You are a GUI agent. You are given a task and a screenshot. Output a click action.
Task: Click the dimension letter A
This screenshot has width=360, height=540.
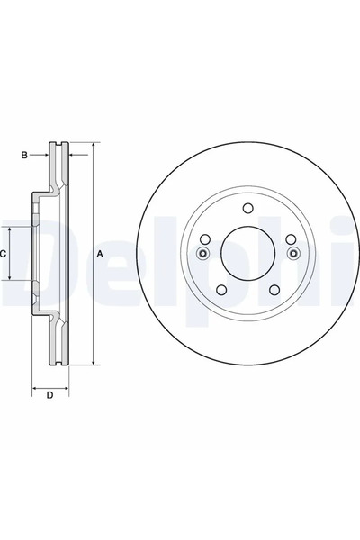100,255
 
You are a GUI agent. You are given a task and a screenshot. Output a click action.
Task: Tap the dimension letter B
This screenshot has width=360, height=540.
25,156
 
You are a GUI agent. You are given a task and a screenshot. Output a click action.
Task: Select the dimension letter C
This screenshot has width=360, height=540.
5,255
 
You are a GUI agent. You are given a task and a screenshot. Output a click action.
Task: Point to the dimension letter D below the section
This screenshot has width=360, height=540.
50,395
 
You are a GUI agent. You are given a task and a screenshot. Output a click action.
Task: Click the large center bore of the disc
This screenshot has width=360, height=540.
247,255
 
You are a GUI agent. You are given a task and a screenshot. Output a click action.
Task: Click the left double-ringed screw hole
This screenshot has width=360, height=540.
203,254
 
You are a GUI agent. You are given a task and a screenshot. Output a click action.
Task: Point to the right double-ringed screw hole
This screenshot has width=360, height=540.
291,254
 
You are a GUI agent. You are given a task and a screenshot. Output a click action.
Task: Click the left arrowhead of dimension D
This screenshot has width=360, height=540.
35,386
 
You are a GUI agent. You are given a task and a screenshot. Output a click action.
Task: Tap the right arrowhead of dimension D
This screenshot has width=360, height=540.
67,386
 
